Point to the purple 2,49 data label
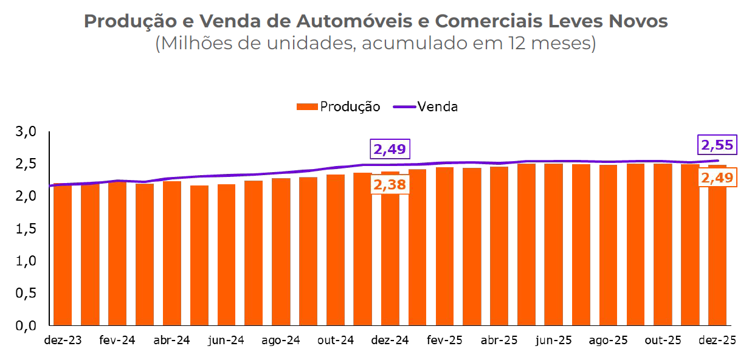(390, 150)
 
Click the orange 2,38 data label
(390, 185)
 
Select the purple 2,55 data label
(717, 145)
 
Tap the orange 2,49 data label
(717, 178)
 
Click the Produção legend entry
(338, 106)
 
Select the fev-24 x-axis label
(117, 340)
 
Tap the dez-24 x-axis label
(390, 340)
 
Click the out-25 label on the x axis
(663, 340)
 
